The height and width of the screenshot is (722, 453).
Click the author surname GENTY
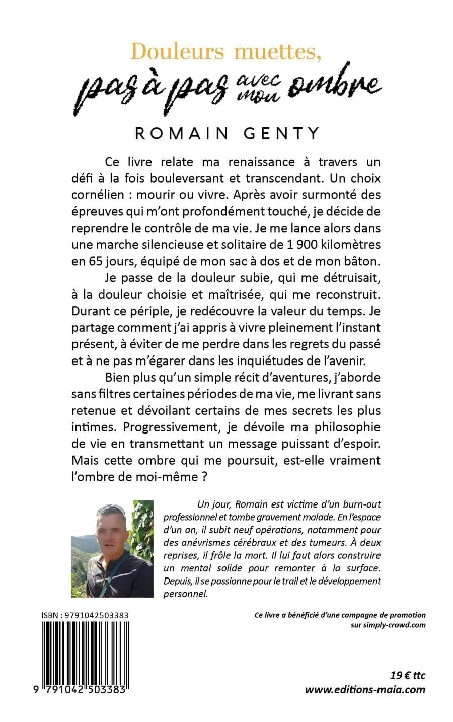click(277, 133)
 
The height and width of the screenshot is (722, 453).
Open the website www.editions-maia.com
click(365, 689)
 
